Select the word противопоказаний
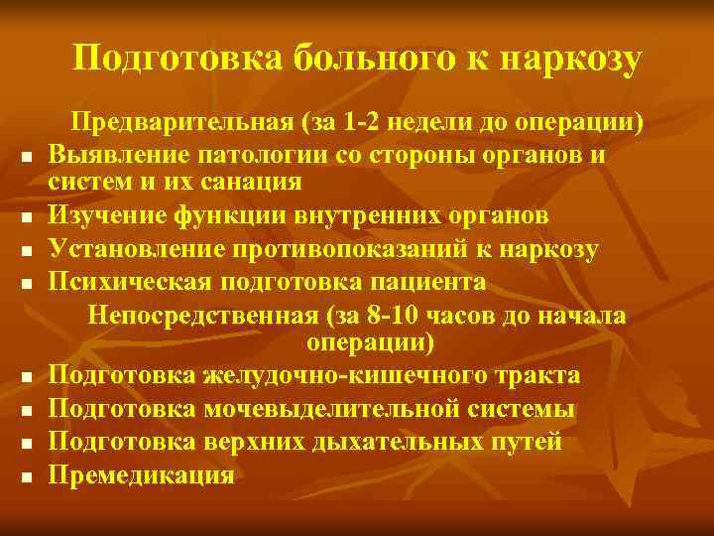tap(364, 248)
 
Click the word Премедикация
tap(143, 474)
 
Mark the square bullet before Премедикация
tap(32, 477)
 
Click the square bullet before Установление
tap(32, 251)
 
